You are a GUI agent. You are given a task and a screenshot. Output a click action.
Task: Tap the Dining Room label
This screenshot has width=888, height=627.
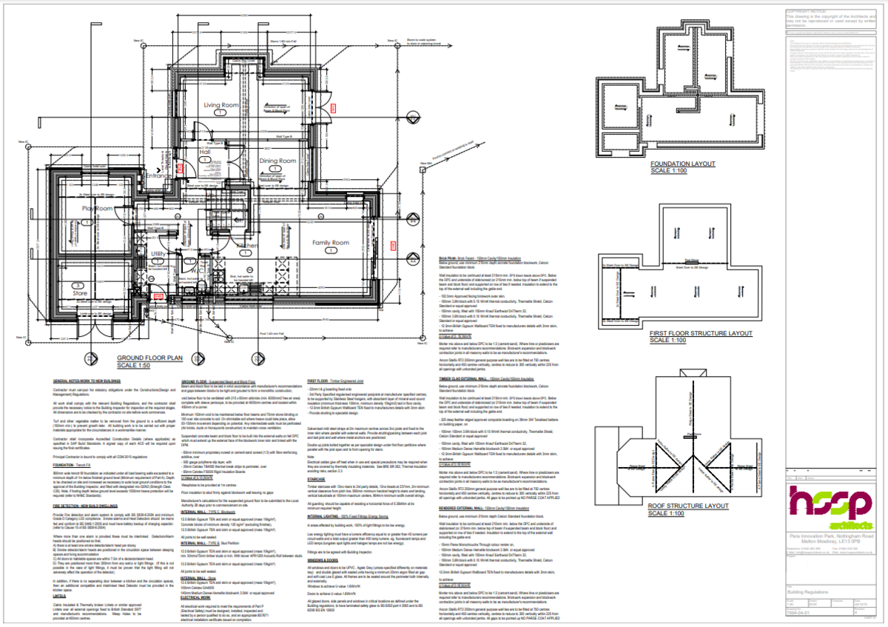click(277, 160)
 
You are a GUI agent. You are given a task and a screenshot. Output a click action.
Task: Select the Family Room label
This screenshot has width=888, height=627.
click(329, 243)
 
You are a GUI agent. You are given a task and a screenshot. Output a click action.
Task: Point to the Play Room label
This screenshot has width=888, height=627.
click(96, 209)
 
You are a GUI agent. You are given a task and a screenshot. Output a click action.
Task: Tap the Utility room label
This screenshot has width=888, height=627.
click(160, 254)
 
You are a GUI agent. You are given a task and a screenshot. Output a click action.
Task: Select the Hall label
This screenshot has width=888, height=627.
click(205, 152)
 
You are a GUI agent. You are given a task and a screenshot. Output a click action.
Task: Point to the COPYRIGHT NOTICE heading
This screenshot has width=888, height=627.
click(809, 10)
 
